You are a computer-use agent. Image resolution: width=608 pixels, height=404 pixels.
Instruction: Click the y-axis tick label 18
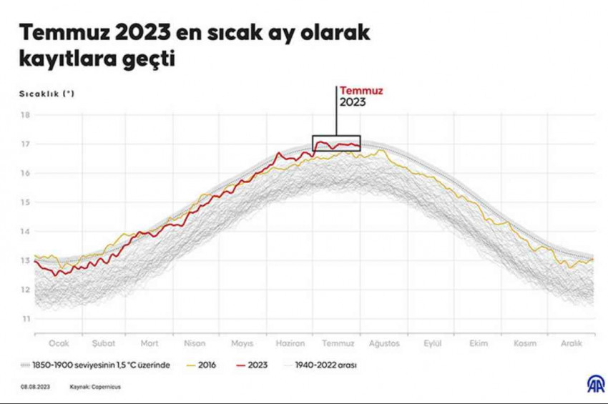pos(25,115)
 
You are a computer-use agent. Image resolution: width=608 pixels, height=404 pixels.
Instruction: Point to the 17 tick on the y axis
pos(25,144)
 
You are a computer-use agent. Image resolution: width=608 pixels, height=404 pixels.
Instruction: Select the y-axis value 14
pos(25,231)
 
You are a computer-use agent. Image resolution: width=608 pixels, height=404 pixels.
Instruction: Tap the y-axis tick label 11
pos(25,318)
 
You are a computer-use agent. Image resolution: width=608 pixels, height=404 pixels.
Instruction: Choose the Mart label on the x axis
pos(149,343)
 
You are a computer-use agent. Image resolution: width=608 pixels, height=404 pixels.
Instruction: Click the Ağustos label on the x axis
pos(383,343)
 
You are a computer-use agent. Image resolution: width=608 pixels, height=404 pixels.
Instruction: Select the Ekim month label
pos(479,343)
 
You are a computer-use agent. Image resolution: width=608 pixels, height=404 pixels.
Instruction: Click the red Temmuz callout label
pos(361,91)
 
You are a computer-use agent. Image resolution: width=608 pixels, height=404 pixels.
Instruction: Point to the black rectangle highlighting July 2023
pos(336,143)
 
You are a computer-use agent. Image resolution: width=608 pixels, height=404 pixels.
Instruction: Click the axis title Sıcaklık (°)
pos(47,93)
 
